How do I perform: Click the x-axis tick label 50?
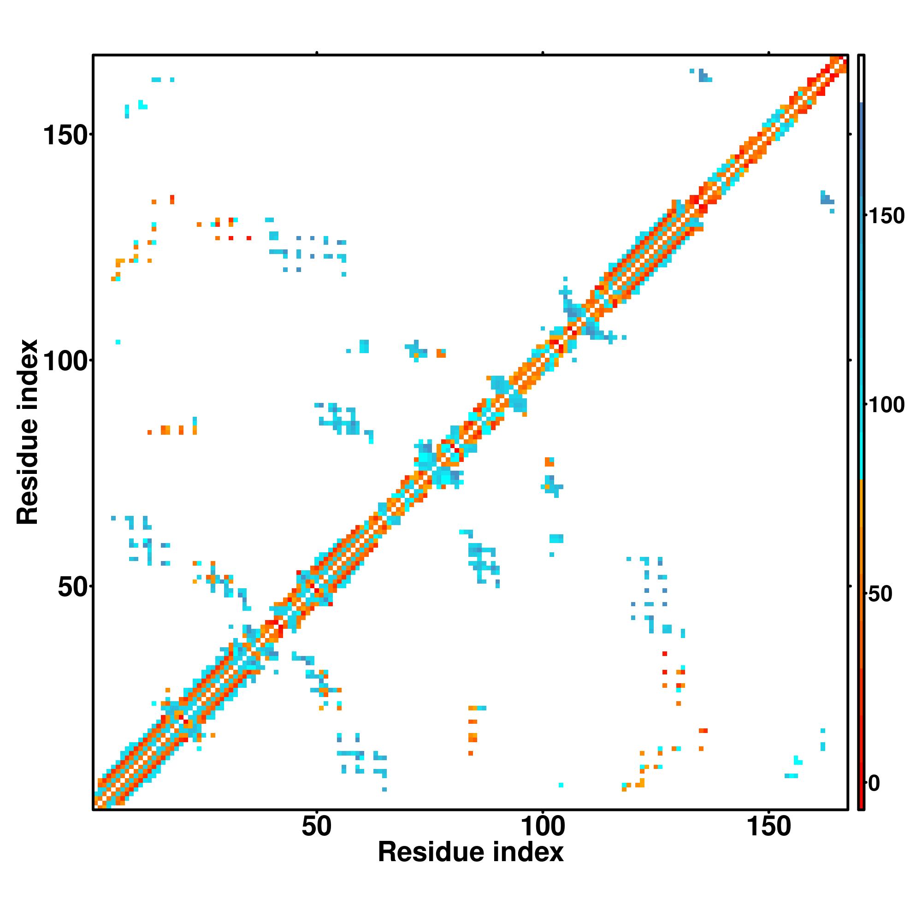coord(316,827)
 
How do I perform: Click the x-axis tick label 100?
coord(543,827)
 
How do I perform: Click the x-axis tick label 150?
coord(768,827)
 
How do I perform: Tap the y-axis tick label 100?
coord(66,361)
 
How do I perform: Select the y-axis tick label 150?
coord(66,136)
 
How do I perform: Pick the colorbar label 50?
coord(880,595)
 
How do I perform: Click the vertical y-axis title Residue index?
coord(27,432)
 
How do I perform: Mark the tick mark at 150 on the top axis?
coord(768,53)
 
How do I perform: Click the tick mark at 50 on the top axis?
coord(316,53)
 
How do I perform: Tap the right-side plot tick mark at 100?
coord(850,361)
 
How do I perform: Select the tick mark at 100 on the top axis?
coord(543,53)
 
